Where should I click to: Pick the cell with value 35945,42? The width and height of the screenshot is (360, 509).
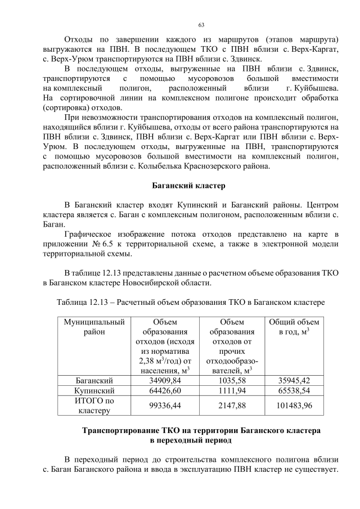[294, 380]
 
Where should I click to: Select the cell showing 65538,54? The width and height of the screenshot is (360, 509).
[294, 390]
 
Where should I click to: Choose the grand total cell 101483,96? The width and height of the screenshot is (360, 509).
[294, 405]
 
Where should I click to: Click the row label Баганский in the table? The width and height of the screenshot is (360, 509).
[94, 380]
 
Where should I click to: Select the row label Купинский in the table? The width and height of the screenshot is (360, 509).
[94, 390]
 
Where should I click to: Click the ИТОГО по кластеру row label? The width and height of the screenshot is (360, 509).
[94, 405]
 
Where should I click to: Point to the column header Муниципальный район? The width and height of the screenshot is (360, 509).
[94, 327]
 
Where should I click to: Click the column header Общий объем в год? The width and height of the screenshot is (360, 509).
[294, 327]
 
